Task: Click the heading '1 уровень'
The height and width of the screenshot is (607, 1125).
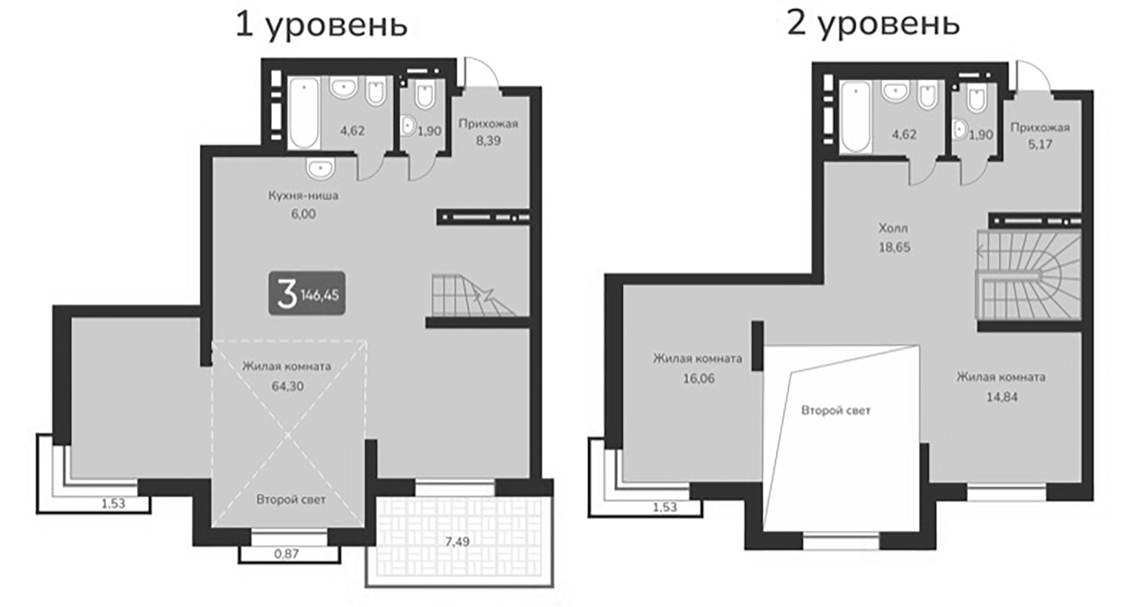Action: (x=321, y=26)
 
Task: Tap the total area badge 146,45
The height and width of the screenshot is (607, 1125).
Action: (x=307, y=294)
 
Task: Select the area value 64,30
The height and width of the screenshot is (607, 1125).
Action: (x=287, y=387)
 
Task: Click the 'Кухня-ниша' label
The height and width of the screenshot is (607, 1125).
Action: (x=303, y=195)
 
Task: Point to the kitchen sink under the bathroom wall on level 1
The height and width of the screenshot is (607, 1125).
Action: (x=321, y=169)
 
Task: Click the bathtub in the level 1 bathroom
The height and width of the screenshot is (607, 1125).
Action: (x=304, y=113)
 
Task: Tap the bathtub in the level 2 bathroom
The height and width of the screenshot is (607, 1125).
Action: (x=856, y=117)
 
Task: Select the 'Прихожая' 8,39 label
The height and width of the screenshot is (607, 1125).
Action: (x=488, y=132)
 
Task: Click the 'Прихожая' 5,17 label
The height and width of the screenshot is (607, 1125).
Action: (x=1040, y=136)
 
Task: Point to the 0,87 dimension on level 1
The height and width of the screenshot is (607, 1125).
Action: (x=286, y=554)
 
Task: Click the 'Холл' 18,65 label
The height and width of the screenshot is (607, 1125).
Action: (x=894, y=238)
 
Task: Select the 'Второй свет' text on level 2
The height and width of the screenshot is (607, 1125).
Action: (x=836, y=410)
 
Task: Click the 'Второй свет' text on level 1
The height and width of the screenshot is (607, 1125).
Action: (x=291, y=500)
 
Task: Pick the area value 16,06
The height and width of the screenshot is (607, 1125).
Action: (x=698, y=378)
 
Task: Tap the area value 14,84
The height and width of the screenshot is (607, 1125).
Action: (x=1001, y=397)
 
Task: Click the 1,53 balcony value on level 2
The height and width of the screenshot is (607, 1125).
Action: (x=665, y=507)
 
